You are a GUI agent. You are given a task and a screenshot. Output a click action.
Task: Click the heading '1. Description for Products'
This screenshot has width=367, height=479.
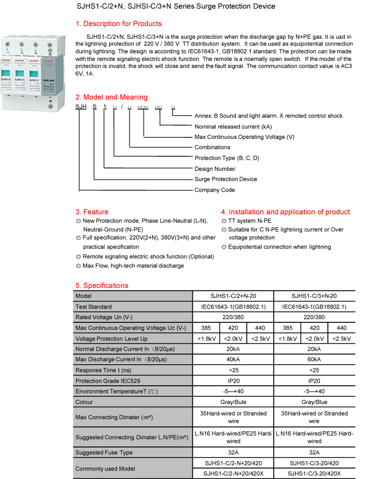[x=118, y=24]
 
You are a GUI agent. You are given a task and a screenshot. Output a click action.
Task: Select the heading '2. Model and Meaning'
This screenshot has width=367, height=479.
[x=111, y=97]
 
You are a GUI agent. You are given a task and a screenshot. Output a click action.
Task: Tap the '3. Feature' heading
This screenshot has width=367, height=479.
[x=92, y=212]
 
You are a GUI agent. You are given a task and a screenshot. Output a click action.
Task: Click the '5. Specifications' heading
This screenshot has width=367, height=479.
[x=102, y=286]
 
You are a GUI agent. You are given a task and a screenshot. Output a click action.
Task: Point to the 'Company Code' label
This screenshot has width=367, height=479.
[x=214, y=190]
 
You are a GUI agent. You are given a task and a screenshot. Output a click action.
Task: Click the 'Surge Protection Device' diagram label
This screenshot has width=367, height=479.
[x=225, y=179]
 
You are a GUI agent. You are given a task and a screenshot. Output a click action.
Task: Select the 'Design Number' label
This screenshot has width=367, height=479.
[x=215, y=169]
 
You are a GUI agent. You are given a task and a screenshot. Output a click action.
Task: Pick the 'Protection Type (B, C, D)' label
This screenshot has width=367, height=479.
[x=226, y=158]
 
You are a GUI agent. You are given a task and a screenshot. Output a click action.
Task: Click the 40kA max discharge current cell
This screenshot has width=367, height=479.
[x=233, y=360]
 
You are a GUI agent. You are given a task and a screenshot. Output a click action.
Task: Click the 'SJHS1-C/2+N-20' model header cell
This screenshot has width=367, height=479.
[x=233, y=296]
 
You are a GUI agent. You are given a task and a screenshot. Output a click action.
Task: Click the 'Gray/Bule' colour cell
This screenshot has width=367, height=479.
[x=233, y=402]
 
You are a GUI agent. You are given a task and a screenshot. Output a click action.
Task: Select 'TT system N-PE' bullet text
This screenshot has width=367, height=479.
[x=249, y=221]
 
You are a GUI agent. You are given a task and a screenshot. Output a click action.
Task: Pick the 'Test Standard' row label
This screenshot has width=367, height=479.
[x=93, y=307]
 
